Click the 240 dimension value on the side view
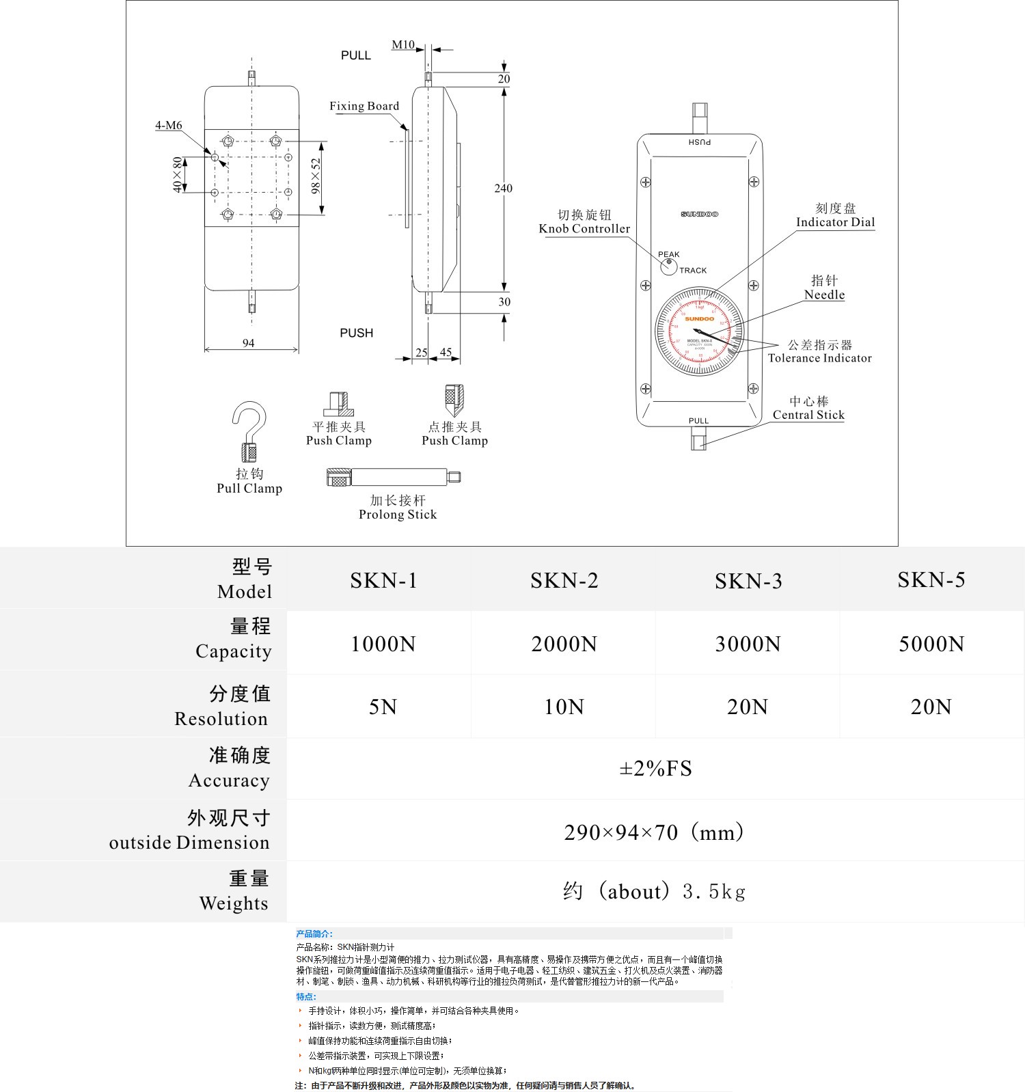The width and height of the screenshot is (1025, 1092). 503,189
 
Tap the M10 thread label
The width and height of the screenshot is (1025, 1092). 402,45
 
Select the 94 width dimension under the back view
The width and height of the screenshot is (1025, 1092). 249,343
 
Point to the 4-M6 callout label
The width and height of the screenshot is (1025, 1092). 169,126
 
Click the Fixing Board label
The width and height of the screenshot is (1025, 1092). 364,106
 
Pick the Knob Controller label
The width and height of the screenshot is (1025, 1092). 584,229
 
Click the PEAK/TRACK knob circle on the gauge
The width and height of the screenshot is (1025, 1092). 669,266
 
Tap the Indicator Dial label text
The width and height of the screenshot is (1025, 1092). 835,222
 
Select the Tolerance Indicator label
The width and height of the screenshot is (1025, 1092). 819,358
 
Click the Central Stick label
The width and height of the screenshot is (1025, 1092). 808,415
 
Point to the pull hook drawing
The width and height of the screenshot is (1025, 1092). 249,431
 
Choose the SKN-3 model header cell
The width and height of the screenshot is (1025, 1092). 748,582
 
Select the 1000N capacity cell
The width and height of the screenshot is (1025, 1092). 383,644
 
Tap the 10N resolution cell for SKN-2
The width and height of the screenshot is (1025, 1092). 564,707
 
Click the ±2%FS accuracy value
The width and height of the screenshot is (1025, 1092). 655,769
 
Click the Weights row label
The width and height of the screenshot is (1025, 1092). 234,903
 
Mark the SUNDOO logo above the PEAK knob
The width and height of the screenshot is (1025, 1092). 699,215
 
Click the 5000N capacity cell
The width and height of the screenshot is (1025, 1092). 931,644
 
